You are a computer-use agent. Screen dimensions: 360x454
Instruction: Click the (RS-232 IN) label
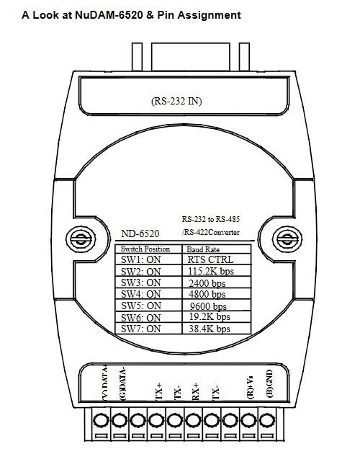[176, 101]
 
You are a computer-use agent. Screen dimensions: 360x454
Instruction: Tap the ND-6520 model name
[140, 233]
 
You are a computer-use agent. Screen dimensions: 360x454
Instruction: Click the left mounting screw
[81, 239]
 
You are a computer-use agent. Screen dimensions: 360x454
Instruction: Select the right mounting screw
[287, 239]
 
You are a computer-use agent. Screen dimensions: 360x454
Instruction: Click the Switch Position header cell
[149, 249]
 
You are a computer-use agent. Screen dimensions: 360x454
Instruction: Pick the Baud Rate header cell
[217, 249]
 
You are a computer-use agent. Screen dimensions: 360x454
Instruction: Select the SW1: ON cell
[149, 259]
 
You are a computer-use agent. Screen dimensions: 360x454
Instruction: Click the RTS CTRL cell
[217, 259]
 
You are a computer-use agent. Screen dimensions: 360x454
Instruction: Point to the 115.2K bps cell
[217, 270]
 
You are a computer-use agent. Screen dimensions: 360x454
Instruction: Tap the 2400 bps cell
[217, 282]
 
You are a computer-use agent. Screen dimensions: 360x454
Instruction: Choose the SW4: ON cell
[149, 294]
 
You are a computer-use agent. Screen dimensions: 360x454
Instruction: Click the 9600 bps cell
[217, 306]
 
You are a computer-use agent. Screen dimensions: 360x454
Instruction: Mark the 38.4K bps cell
[217, 329]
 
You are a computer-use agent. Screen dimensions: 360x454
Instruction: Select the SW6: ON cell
[149, 317]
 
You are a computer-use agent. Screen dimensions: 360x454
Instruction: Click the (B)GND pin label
[269, 383]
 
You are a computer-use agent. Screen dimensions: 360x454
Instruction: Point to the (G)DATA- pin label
[123, 384]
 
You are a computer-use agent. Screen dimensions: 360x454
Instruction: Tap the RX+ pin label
[196, 391]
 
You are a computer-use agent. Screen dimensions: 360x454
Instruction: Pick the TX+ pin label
[159, 391]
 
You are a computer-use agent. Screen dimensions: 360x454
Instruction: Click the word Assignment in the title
[210, 15]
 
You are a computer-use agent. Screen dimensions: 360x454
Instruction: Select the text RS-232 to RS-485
[211, 219]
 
